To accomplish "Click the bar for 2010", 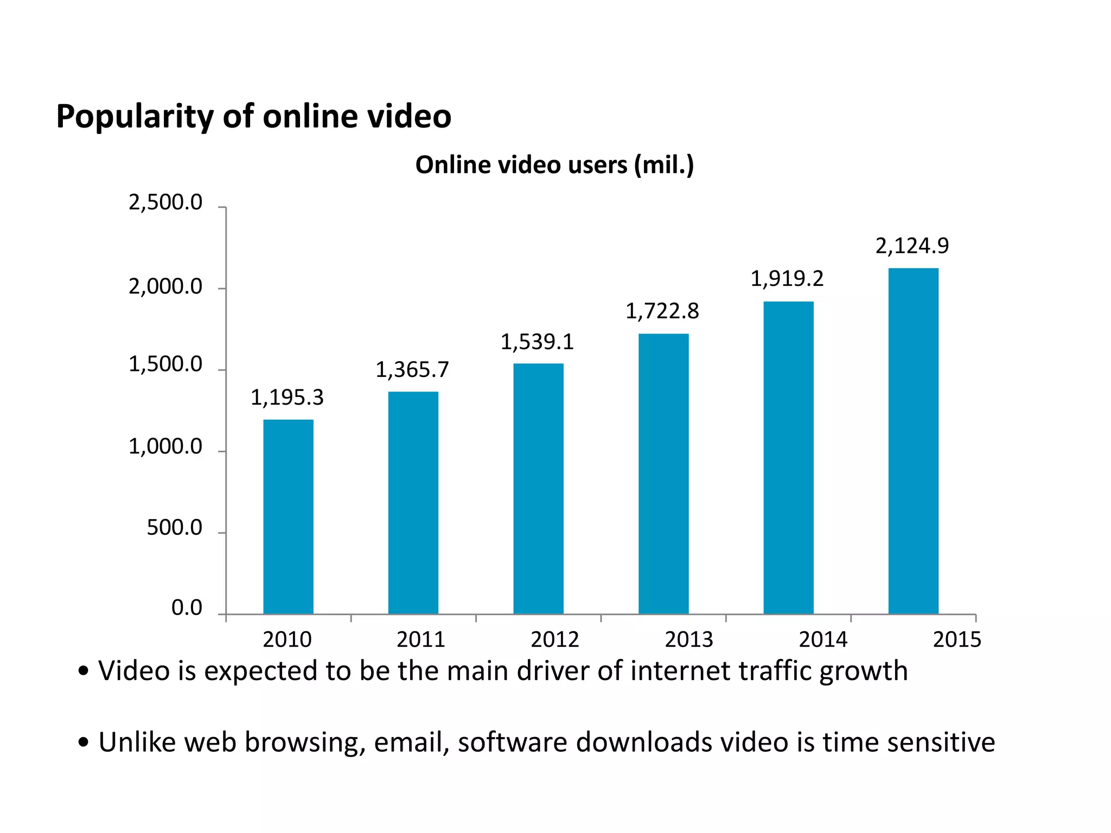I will click(x=288, y=516).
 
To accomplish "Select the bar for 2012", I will click(x=538, y=488).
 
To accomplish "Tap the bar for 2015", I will click(x=913, y=440).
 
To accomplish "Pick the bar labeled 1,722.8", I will click(x=663, y=473).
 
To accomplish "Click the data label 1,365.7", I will click(x=412, y=370).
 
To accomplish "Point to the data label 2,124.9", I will click(x=912, y=246).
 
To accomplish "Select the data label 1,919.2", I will click(x=787, y=279).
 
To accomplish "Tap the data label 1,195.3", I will click(x=287, y=398).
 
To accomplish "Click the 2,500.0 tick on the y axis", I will click(x=165, y=202).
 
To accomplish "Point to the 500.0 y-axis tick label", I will click(x=174, y=527).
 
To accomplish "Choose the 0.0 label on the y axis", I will click(x=187, y=607).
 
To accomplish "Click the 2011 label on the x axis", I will click(x=420, y=639).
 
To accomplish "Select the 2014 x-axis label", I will click(x=822, y=639).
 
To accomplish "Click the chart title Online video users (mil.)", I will click(x=554, y=165).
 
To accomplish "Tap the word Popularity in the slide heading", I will click(x=135, y=117).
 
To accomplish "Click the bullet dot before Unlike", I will click(x=83, y=742).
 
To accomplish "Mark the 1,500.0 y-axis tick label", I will click(x=165, y=364).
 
